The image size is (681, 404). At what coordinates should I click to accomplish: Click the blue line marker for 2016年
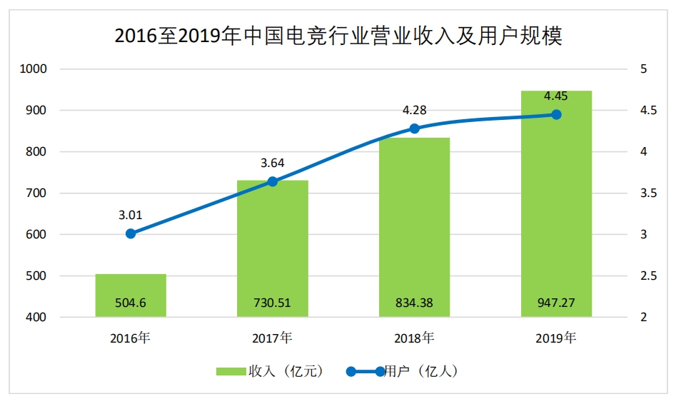[131, 233]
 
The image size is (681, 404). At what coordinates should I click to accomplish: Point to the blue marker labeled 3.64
[273, 181]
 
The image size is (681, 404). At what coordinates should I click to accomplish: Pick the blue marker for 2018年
[414, 128]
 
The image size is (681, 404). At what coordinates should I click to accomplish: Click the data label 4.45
[556, 96]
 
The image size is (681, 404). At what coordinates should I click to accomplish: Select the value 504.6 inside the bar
[131, 303]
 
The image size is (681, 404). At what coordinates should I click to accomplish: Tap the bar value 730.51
[273, 303]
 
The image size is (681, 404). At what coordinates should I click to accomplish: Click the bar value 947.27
[556, 303]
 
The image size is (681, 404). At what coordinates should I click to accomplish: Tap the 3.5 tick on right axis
[647, 193]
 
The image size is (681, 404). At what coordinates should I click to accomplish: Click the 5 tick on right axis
[644, 69]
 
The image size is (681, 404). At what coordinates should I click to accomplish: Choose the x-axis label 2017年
[273, 338]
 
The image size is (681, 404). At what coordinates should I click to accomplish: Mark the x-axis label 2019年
[556, 338]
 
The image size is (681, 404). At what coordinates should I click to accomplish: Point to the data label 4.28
[414, 110]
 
